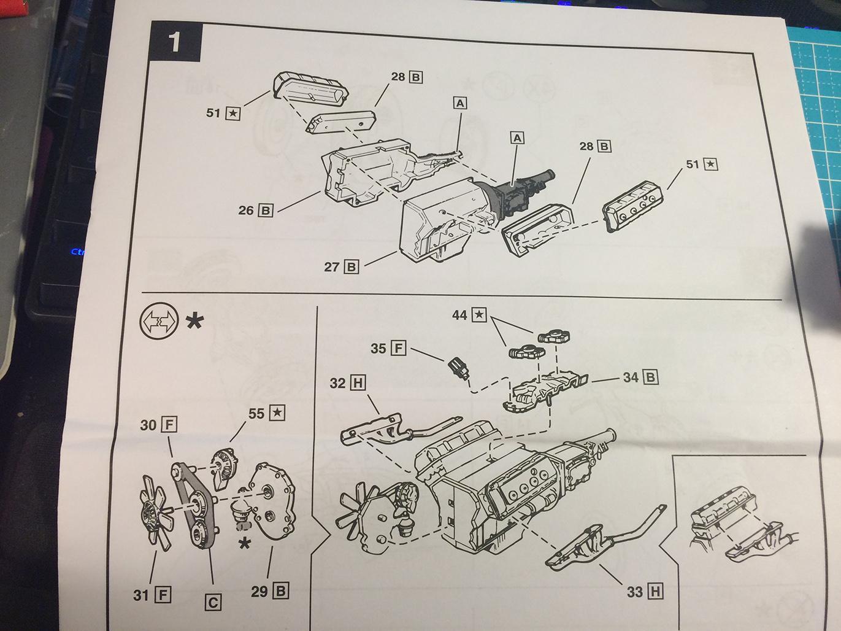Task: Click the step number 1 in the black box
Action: click(175, 42)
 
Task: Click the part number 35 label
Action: click(378, 349)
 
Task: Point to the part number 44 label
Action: click(460, 315)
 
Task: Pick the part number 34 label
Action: click(631, 377)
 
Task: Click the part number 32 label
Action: click(337, 383)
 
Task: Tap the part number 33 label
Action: click(634, 592)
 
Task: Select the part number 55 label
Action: click(256, 413)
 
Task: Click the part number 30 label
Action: click(148, 425)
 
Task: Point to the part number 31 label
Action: click(140, 595)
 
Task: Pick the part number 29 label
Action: click(259, 592)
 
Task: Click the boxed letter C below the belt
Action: click(213, 603)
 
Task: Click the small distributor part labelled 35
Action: click(457, 368)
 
